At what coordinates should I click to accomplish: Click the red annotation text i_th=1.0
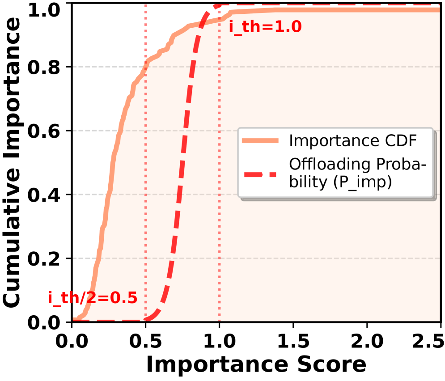click(x=265, y=27)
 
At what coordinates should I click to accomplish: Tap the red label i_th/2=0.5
click(x=93, y=298)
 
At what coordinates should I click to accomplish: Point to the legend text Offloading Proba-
click(x=357, y=165)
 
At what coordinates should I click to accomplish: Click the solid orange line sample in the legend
click(x=260, y=140)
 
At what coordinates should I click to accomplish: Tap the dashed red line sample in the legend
click(x=260, y=174)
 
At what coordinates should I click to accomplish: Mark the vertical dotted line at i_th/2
click(x=146, y=179)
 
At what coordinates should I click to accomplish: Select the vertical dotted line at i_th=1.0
click(x=220, y=179)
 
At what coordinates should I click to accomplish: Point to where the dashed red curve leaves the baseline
click(x=148, y=319)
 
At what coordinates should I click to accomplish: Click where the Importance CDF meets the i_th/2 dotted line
click(x=146, y=63)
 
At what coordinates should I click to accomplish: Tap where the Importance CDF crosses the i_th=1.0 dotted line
click(x=220, y=19)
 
